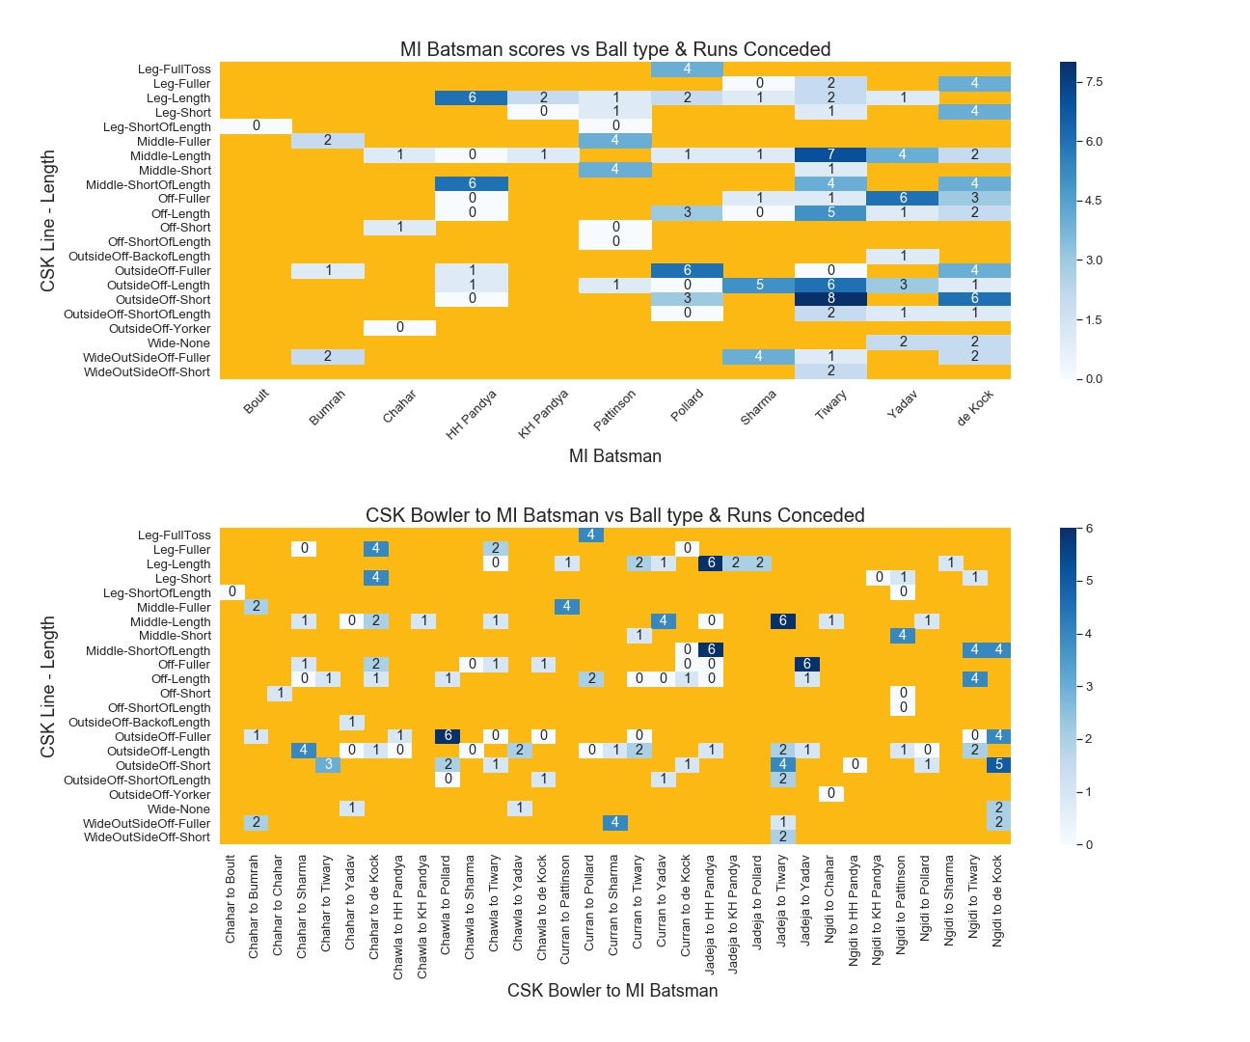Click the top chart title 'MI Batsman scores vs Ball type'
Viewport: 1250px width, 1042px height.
614,49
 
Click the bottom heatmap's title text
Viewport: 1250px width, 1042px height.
614,515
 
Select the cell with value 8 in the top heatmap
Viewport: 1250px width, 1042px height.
830,299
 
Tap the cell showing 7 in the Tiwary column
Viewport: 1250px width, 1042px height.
830,155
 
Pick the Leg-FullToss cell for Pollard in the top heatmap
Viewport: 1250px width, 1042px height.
687,69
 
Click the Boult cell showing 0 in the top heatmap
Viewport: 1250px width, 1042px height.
256,126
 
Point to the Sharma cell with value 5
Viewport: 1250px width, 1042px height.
759,285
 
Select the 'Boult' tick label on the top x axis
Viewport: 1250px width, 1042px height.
256,402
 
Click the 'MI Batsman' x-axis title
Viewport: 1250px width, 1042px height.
614,456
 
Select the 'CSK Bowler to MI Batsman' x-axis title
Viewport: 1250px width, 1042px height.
612,990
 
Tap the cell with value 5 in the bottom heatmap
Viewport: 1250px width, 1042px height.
998,765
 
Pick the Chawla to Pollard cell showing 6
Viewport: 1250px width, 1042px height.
448,736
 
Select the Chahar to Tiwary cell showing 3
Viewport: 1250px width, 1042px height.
327,765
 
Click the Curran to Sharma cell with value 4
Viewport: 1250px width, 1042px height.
614,823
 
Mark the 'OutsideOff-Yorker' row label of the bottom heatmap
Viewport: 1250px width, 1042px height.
159,794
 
